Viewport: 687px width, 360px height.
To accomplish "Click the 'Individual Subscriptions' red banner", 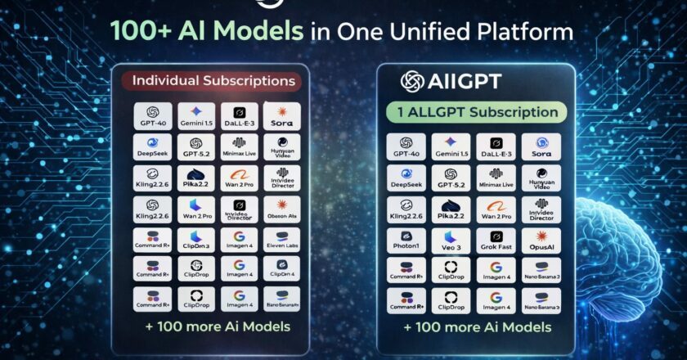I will (x=213, y=81).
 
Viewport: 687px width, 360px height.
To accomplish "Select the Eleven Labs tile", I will (x=281, y=240).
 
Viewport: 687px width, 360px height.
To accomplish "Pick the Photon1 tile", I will (x=406, y=241).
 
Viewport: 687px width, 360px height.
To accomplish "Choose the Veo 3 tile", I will (x=451, y=241).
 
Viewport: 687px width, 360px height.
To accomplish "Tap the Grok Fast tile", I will (x=496, y=241).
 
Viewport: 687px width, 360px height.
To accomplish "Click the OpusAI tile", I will (x=541, y=241).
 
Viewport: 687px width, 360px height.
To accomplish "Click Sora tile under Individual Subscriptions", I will (x=281, y=115).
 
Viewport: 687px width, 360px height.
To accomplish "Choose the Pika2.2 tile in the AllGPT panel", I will (x=451, y=210).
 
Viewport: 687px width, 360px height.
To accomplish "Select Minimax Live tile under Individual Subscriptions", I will (x=239, y=146).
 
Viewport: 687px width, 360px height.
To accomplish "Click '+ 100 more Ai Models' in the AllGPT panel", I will (x=477, y=327).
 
